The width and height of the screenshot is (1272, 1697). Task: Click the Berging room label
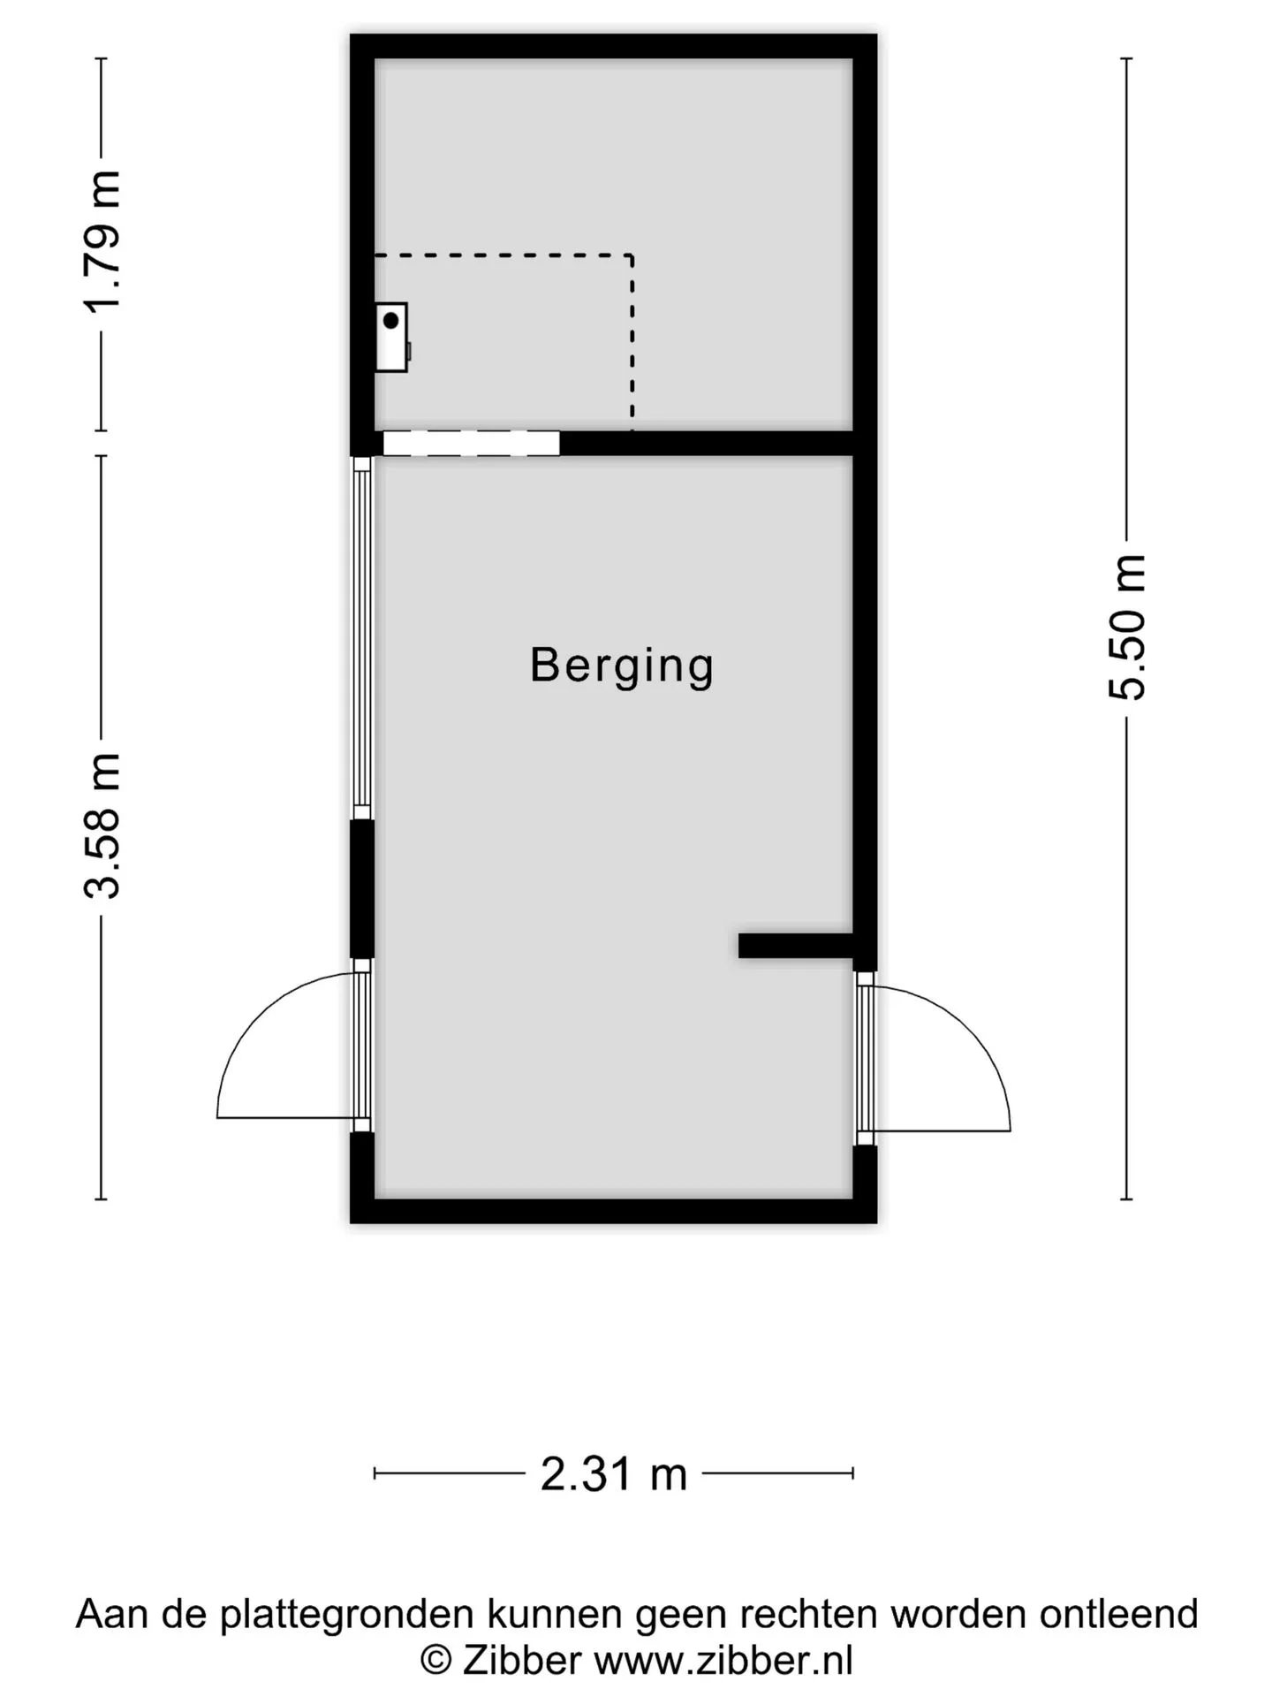pyautogui.click(x=622, y=666)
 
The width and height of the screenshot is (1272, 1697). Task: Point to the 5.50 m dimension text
pyautogui.click(x=1126, y=628)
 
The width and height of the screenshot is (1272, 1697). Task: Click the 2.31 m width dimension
pyautogui.click(x=614, y=1474)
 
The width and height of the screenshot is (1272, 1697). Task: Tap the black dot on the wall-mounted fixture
pyautogui.click(x=390, y=321)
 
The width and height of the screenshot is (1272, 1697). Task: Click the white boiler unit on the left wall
pyautogui.click(x=392, y=337)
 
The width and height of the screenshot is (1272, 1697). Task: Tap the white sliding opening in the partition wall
pyautogui.click(x=471, y=443)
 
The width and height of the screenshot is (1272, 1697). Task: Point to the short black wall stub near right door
pyautogui.click(x=795, y=945)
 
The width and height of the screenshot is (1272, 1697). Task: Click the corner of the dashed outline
pyautogui.click(x=632, y=255)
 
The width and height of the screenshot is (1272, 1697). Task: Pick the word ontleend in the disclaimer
pyautogui.click(x=1118, y=1614)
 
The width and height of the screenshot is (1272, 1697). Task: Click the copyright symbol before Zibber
pyautogui.click(x=435, y=1660)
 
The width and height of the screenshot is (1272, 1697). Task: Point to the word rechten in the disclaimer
pyautogui.click(x=807, y=1614)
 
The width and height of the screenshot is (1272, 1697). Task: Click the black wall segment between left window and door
pyautogui.click(x=362, y=889)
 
